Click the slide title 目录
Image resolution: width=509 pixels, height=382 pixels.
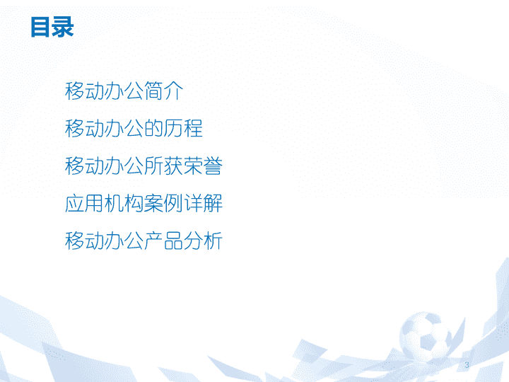coord(52,28)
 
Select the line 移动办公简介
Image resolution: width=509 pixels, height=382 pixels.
coord(124,91)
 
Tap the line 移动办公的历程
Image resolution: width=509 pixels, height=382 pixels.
coord(134,128)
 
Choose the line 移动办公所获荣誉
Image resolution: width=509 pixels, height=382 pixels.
coord(144,166)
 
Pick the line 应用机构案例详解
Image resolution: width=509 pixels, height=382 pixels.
coord(144,203)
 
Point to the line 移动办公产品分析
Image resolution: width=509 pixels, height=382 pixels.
coord(144,241)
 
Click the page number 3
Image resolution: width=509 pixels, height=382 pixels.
coord(467,365)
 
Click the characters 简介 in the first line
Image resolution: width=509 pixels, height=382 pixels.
coord(163,91)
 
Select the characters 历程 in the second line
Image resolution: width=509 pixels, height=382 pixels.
coord(183,128)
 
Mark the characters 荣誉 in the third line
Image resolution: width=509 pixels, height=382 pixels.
coord(203,166)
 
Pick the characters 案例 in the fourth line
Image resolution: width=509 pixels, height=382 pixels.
coord(163,203)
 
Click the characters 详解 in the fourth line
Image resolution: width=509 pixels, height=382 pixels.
coord(203,203)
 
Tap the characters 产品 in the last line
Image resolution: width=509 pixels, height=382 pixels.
coord(163,241)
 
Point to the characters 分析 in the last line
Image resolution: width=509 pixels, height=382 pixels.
coord(203,241)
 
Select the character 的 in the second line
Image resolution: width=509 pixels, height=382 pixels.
coord(153,128)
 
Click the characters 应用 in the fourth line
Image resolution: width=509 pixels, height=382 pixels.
coord(84,203)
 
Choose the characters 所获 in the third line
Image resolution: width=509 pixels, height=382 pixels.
coord(163,166)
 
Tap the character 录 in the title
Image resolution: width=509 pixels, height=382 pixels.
coord(64,28)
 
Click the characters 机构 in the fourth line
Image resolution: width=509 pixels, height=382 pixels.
coord(124,203)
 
